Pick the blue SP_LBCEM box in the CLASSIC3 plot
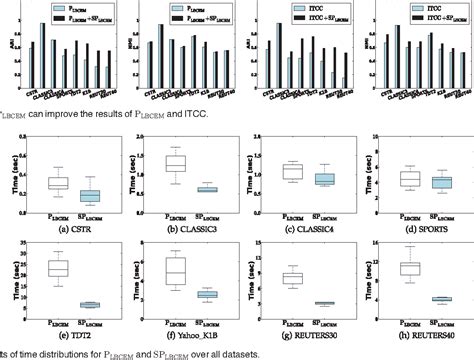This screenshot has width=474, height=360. click(x=208, y=189)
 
